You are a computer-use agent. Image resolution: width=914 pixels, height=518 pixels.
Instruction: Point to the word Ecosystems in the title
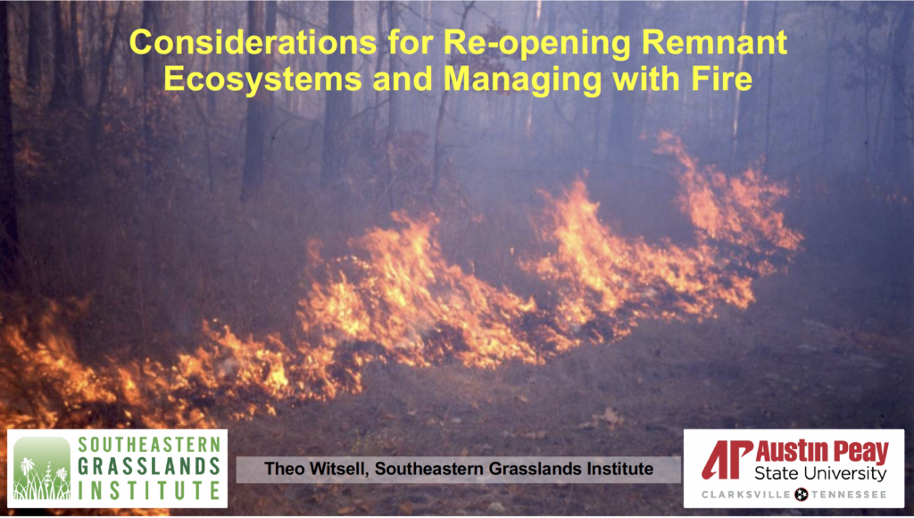[x=262, y=79]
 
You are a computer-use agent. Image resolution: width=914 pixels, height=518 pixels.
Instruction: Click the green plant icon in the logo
[x=41, y=468]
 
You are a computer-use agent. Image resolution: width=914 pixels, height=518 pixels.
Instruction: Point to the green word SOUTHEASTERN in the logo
[x=149, y=444]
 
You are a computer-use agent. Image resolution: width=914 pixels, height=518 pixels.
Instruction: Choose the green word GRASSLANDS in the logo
[x=149, y=467]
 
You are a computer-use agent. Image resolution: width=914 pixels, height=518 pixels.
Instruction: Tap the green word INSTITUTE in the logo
[x=149, y=490]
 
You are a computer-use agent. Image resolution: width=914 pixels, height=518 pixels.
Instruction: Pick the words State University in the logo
[x=820, y=473]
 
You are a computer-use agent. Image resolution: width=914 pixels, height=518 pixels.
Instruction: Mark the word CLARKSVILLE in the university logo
[x=747, y=495]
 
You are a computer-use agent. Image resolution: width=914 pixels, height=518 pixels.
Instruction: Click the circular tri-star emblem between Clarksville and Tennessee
[x=802, y=495]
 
